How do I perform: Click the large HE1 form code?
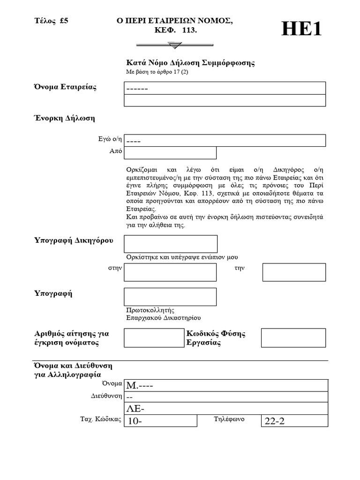302,30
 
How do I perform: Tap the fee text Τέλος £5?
52,21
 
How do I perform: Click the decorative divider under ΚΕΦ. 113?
174,45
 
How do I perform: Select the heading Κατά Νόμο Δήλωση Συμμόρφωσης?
190,63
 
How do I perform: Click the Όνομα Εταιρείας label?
65,88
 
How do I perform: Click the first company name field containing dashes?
225,88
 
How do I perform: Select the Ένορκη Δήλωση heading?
64,118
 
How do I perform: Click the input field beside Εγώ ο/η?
225,141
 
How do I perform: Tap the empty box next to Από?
170,153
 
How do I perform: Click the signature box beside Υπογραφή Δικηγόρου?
171,244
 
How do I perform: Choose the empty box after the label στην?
170,272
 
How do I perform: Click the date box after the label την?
294,272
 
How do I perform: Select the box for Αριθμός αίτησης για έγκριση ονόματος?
153,338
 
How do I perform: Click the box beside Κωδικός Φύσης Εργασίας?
293,338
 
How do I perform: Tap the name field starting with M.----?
226,385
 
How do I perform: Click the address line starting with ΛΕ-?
226,409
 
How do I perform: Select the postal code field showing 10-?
160,421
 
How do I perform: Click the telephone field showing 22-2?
294,421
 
